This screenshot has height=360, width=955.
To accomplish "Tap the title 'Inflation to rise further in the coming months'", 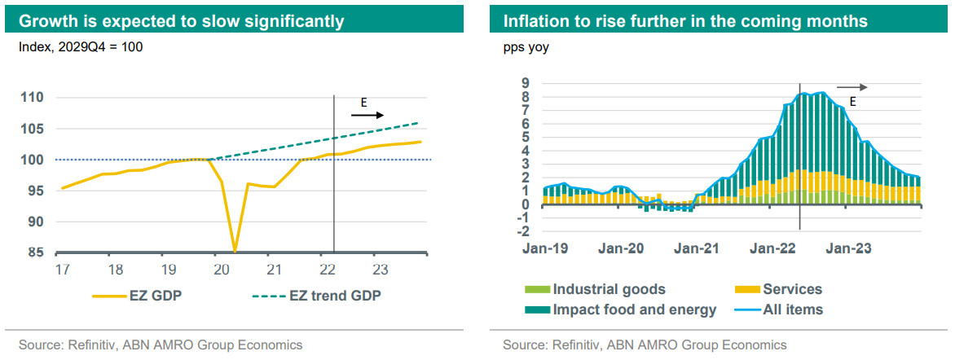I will [x=685, y=20].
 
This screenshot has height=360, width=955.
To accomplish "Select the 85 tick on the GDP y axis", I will [x=35, y=252].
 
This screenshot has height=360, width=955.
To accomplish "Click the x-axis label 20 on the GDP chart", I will [x=218, y=269].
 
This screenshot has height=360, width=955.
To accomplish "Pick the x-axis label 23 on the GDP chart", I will [x=378, y=269].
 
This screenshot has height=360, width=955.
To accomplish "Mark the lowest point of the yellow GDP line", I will [x=235, y=251].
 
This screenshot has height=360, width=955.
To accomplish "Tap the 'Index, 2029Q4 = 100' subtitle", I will [x=81, y=47].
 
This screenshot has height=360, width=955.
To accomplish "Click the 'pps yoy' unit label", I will [x=526, y=47].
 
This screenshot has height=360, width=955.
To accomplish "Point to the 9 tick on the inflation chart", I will [x=526, y=82].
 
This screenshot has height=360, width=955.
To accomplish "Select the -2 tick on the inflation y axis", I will [x=523, y=231].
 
